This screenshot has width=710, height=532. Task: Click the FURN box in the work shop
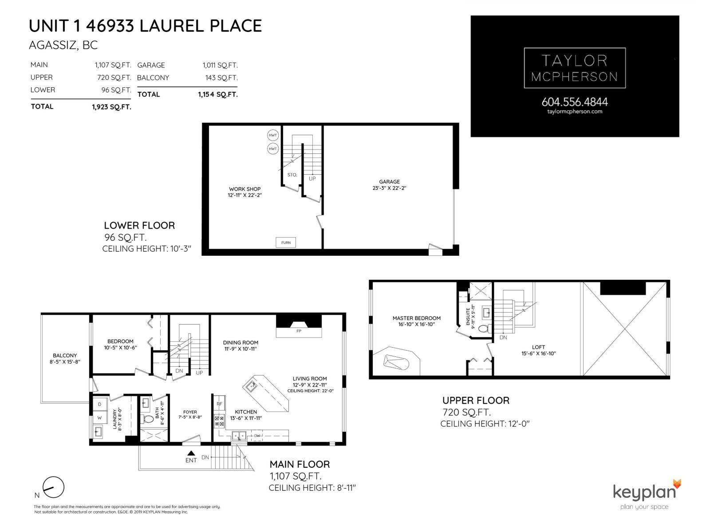click(x=286, y=243)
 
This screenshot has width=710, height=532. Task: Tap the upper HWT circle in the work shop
click(x=273, y=135)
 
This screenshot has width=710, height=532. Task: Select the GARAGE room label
click(x=389, y=182)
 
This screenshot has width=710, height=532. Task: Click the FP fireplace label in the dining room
click(x=299, y=331)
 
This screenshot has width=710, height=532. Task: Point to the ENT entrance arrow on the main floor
click(x=191, y=453)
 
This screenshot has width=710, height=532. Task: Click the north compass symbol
click(x=54, y=488)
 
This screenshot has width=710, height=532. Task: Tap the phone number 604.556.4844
click(x=575, y=102)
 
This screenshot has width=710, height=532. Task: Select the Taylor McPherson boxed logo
click(x=575, y=68)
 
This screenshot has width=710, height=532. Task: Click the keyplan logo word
click(x=644, y=493)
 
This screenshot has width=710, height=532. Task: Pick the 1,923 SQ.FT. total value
click(x=111, y=107)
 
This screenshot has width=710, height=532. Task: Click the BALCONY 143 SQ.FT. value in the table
click(x=220, y=78)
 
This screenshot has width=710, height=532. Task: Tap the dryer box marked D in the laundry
click(x=100, y=404)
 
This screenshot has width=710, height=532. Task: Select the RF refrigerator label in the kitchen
click(x=219, y=404)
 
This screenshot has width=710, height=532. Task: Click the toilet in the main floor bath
click(x=147, y=418)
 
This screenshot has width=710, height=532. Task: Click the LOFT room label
click(x=538, y=347)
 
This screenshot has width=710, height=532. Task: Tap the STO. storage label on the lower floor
click(x=292, y=175)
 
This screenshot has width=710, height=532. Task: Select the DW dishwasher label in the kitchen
click(x=257, y=436)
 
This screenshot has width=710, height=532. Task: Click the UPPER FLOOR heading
click(x=476, y=400)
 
